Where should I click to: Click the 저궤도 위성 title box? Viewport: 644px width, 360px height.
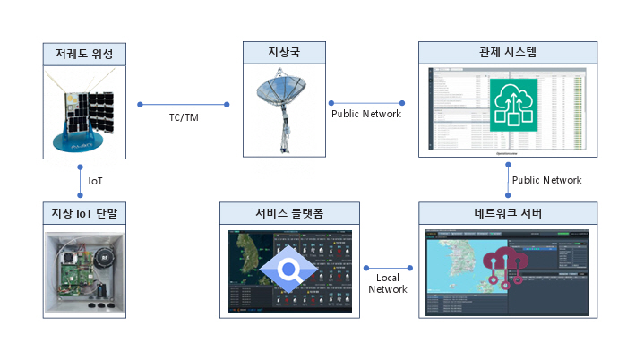85,54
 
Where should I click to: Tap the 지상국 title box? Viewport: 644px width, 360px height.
285,54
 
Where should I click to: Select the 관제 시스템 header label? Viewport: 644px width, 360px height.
507,54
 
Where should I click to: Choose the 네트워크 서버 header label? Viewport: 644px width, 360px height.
507,213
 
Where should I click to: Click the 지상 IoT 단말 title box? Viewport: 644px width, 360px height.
84,213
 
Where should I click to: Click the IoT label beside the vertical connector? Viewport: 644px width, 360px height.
95,181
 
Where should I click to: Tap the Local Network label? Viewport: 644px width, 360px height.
387,283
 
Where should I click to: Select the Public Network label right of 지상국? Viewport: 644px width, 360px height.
365,114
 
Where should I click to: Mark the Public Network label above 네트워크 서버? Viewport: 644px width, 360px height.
545,180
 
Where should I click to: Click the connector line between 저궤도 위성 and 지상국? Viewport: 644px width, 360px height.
184,105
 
